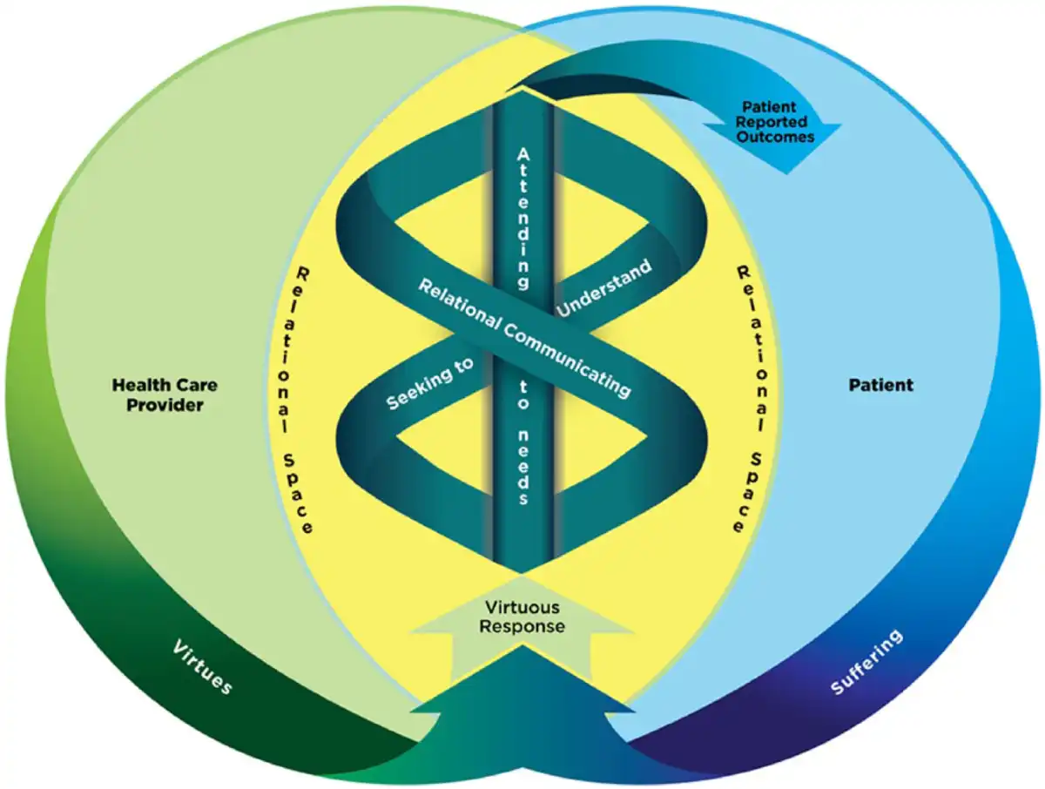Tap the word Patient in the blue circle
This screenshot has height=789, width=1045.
pos(881,384)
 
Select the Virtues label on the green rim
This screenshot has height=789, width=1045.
pos(202,667)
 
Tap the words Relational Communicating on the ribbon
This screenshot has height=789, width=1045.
pos(523,336)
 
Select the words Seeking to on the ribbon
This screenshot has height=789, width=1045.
pos(430,383)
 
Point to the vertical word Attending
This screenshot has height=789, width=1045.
pos(522,218)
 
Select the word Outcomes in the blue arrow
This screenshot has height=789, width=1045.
pos(773,138)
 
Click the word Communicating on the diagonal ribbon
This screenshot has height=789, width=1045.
pos(566,355)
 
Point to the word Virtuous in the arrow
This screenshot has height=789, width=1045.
pos(522,607)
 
